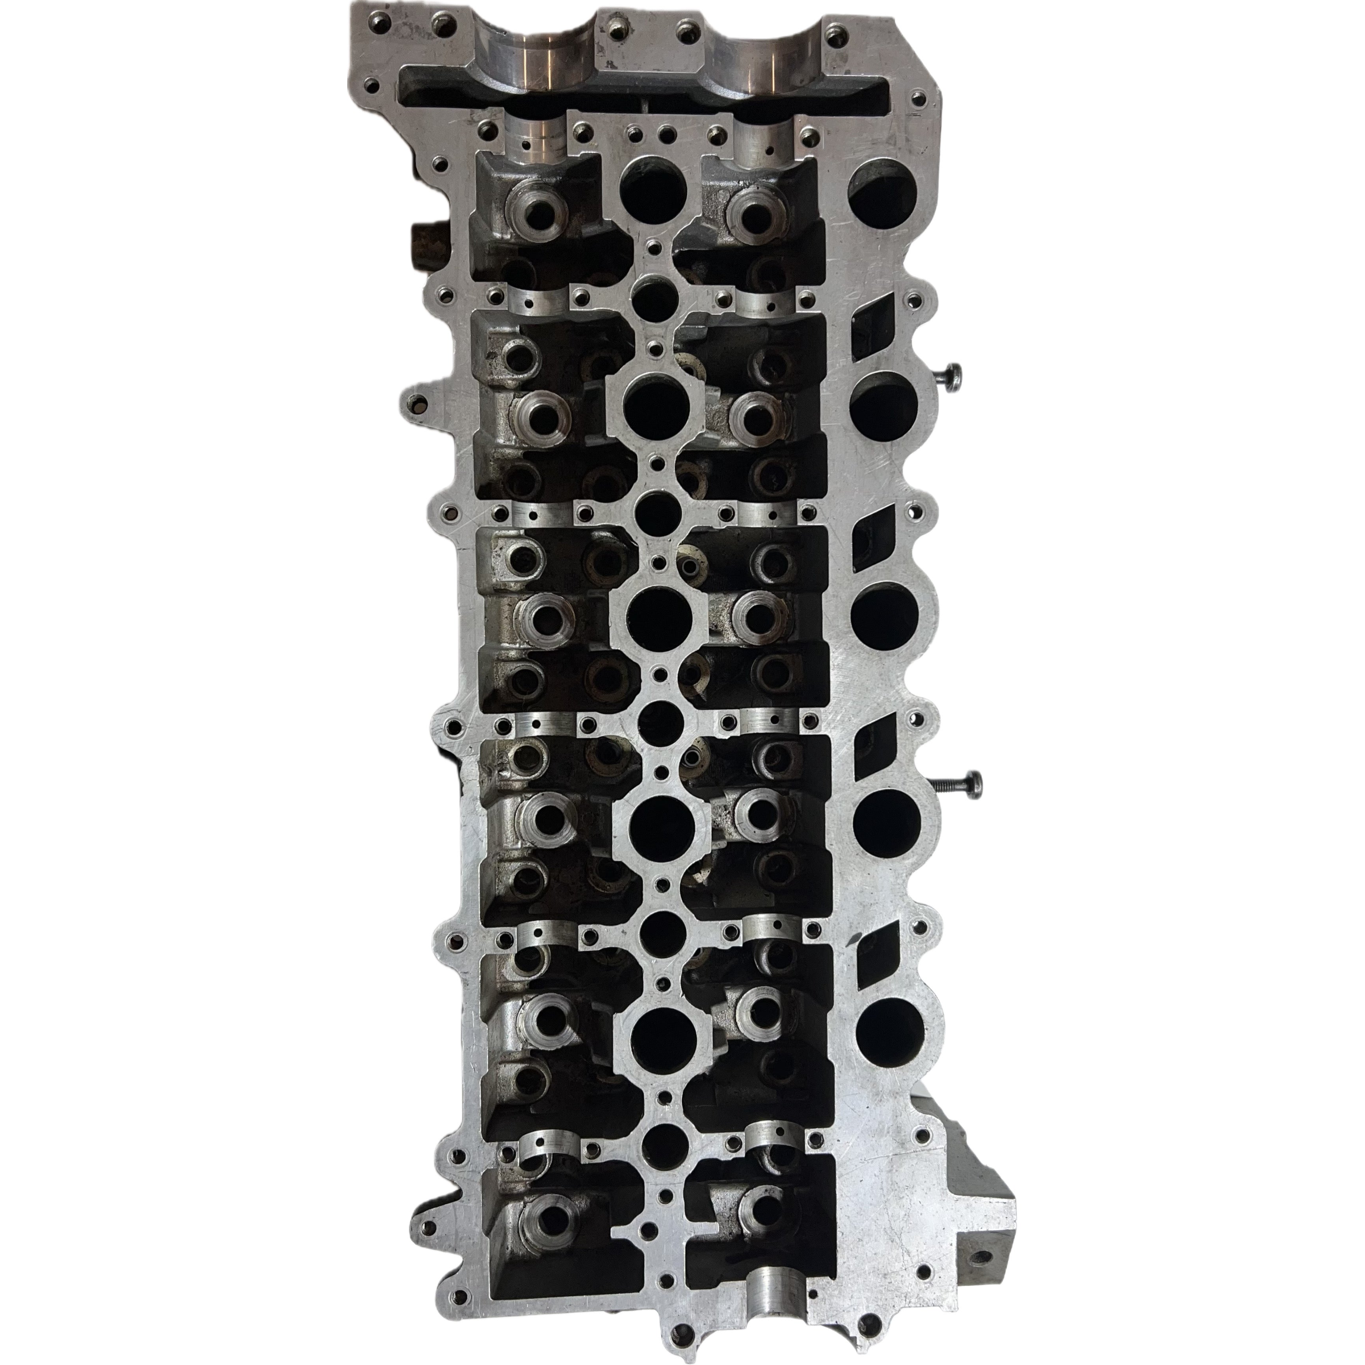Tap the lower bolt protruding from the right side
[961, 784]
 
